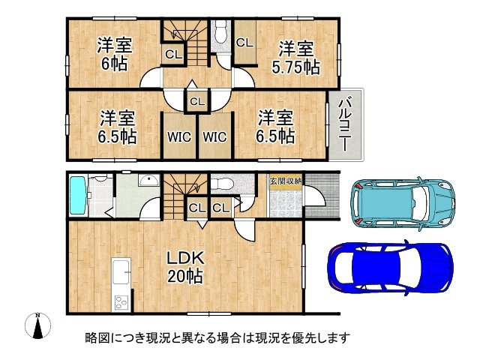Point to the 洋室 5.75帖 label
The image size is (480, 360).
pyautogui.click(x=295, y=58)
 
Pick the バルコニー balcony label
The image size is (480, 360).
pyautogui.click(x=344, y=124)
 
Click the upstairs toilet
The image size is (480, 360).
pyautogui.click(x=220, y=33)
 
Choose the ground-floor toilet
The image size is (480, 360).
pyautogui.click(x=223, y=184)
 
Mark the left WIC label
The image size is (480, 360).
pyautogui.click(x=179, y=136)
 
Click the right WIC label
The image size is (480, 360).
pyautogui.click(x=214, y=136)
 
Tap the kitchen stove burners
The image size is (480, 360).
pyautogui.click(x=121, y=302)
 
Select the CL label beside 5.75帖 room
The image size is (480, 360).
pyautogui.click(x=244, y=43)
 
